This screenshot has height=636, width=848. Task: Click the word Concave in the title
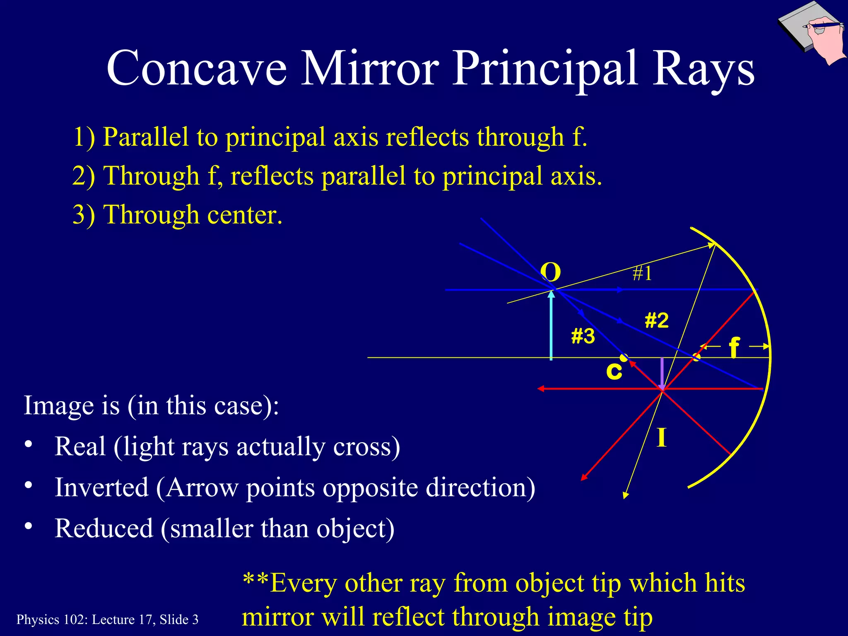196,68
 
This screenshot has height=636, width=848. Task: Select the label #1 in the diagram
642,273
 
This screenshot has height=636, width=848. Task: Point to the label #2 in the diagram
656,320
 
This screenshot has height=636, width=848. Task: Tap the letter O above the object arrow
551,272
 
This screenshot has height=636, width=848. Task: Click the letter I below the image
662,438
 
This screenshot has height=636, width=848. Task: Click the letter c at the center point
614,371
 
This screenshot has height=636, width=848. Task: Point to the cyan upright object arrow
551,327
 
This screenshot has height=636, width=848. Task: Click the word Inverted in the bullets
101,487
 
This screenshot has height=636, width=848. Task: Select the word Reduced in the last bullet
104,528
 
